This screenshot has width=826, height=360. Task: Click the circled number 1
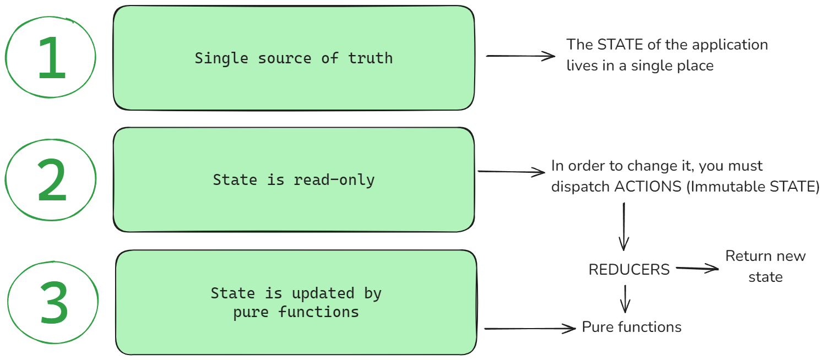(52, 57)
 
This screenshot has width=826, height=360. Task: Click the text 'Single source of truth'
(294, 58)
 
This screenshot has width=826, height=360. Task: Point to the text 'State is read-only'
(294, 180)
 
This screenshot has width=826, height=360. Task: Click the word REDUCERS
(629, 270)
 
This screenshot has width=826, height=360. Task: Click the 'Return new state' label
(765, 266)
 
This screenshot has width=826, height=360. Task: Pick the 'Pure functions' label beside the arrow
(632, 327)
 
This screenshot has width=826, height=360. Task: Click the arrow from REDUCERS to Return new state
(697, 269)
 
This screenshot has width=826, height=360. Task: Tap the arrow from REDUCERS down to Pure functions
(625, 298)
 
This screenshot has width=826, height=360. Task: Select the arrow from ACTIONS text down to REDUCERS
(624, 226)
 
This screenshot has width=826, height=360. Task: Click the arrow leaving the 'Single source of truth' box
(520, 56)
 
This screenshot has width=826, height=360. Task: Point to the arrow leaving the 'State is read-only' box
(512, 172)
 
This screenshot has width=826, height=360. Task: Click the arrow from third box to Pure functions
(529, 329)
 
